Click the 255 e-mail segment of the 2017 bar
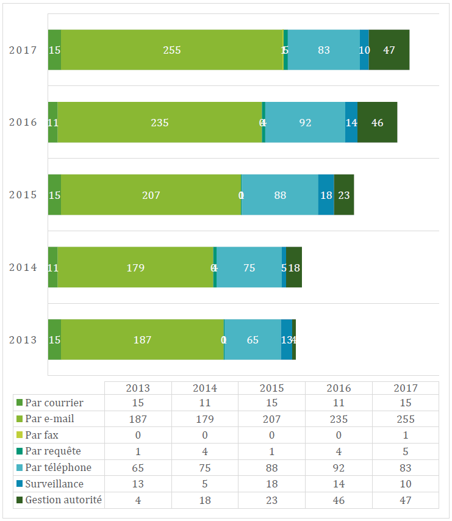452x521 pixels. coord(172,50)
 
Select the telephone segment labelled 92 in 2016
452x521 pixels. coord(305,123)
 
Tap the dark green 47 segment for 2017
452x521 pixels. coord(389,50)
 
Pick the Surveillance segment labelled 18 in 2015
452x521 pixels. coord(326,195)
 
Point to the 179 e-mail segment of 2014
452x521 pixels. coord(135,267)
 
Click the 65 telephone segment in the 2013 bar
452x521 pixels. coord(253,340)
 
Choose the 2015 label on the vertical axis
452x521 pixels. coord(23,195)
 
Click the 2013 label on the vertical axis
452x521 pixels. coord(23,340)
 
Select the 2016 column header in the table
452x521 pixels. coord(339,388)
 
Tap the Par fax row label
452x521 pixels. coord(42,435)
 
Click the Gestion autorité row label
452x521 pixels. coord(63,500)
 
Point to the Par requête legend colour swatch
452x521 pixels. coord(19,451)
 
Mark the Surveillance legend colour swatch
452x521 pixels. coord(19,484)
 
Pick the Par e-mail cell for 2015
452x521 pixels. coord(271,419)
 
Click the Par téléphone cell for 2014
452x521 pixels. coord(204,468)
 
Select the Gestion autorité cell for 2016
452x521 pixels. coord(339,500)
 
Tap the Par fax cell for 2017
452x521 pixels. coord(406,435)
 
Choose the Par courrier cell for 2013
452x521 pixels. coord(138,403)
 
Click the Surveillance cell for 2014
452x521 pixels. coord(204,484)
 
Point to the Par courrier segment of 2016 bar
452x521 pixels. coord(52,123)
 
